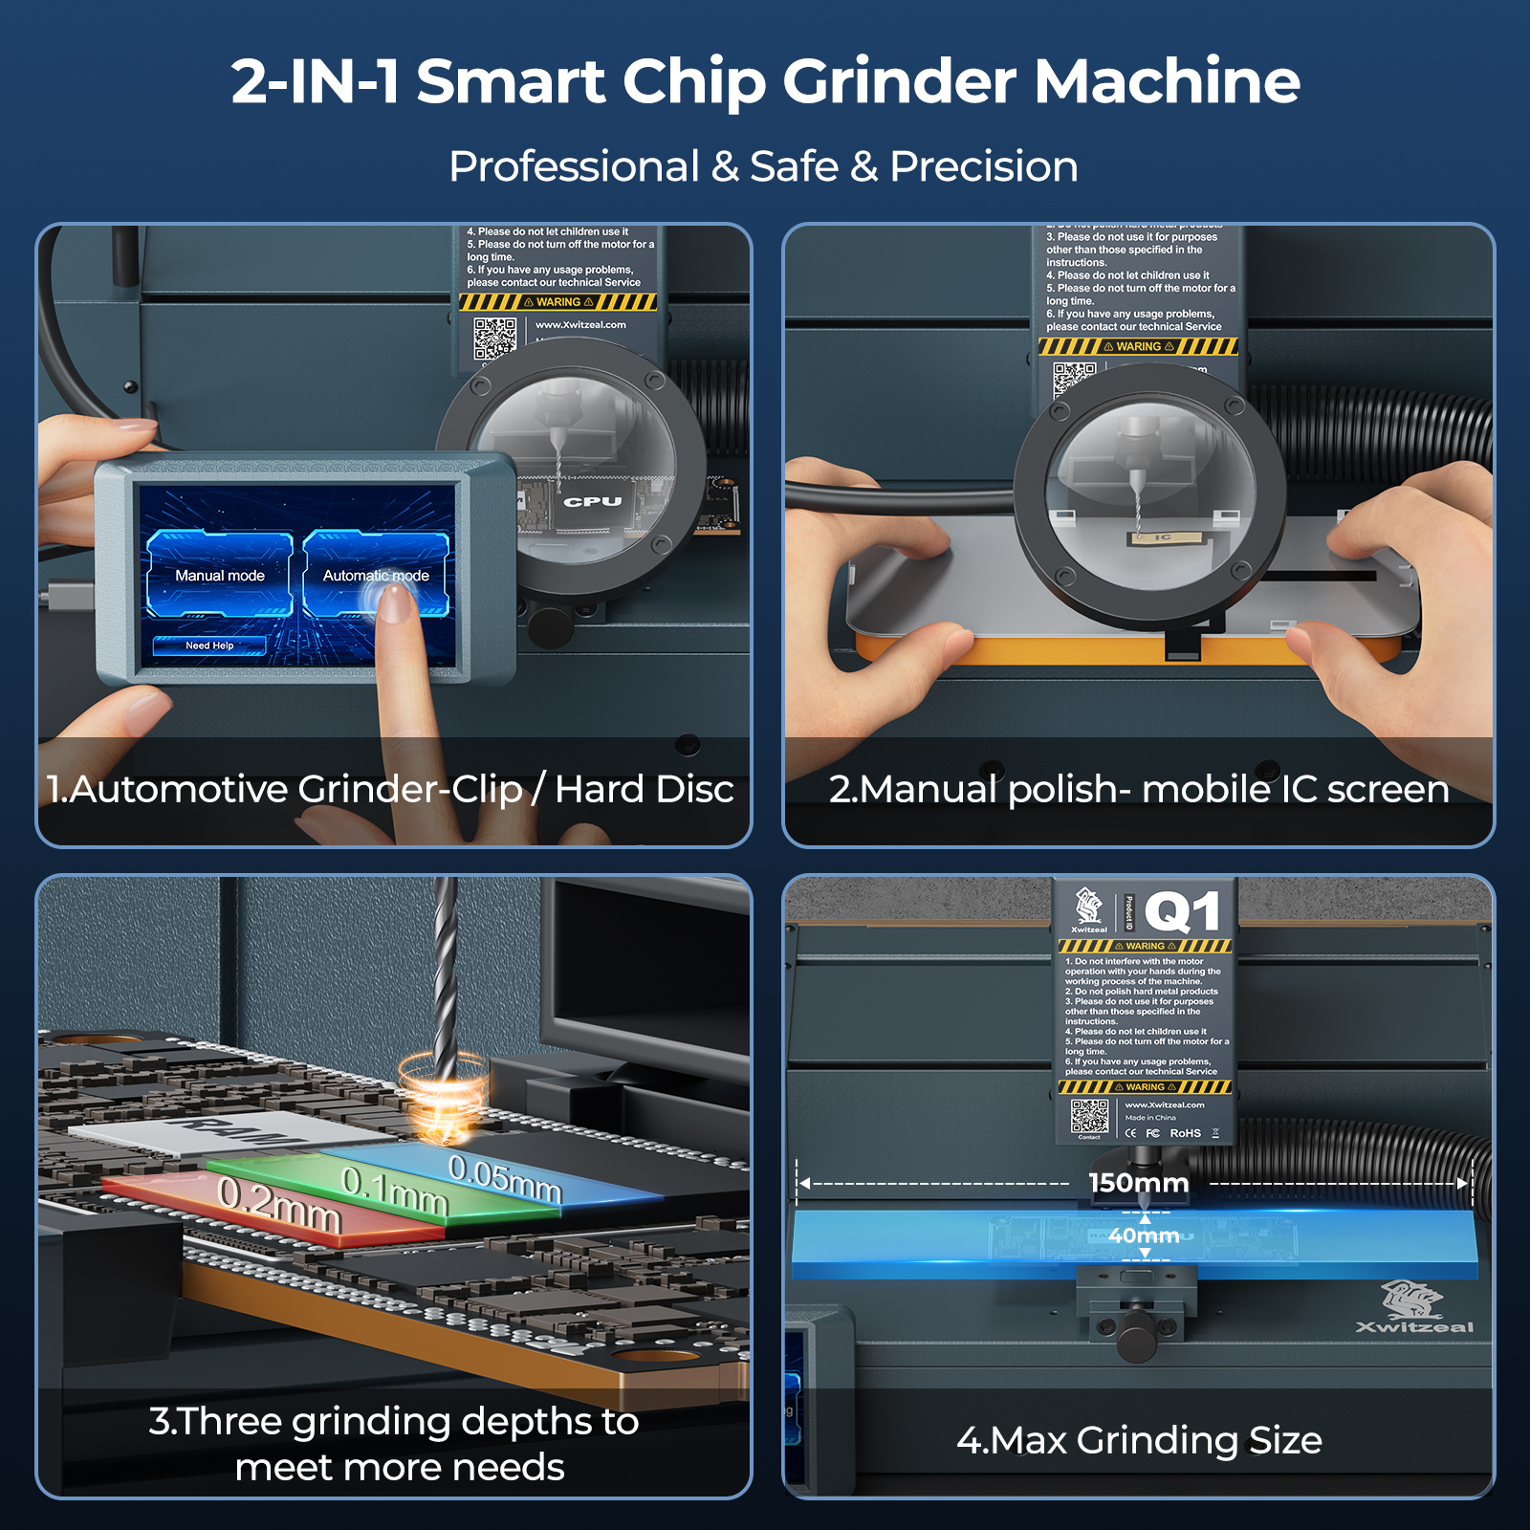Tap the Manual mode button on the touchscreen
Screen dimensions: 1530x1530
tap(220, 575)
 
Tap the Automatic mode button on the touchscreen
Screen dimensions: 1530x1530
tap(375, 575)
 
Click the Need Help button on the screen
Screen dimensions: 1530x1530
tap(209, 645)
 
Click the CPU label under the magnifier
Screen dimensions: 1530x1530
tap(592, 501)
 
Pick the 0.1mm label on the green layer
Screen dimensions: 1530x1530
tap(395, 1191)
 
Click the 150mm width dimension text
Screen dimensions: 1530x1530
tap(1138, 1183)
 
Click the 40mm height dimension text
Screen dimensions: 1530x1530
tap(1144, 1235)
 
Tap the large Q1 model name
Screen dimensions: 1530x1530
tap(1183, 912)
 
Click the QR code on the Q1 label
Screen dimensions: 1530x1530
tap(1089, 1115)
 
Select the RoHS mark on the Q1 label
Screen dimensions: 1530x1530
tap(1185, 1133)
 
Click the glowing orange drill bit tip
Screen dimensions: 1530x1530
tap(442, 1109)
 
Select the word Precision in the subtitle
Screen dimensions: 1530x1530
tap(983, 166)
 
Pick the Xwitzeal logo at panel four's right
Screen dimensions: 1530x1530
tap(1414, 1307)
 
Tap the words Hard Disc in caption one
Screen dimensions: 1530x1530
tap(644, 790)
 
